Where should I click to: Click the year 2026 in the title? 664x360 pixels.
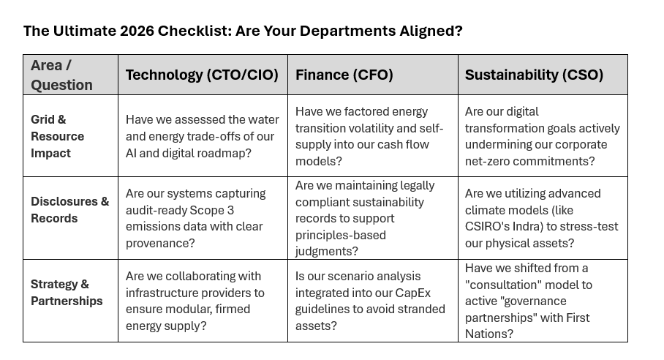click(x=137, y=31)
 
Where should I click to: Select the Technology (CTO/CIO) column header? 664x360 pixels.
click(x=202, y=75)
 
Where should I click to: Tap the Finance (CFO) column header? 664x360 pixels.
click(x=344, y=75)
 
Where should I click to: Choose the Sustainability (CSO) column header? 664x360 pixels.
click(x=534, y=75)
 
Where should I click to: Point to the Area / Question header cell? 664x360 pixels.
click(x=61, y=75)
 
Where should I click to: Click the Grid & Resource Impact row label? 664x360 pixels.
click(x=57, y=136)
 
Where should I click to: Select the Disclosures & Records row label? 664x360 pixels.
click(x=70, y=210)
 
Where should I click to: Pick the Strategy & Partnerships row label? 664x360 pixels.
click(x=67, y=292)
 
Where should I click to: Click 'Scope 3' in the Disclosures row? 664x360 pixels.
click(x=212, y=210)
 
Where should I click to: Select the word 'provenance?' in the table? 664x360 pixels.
click(x=160, y=243)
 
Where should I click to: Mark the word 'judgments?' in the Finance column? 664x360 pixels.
click(x=326, y=251)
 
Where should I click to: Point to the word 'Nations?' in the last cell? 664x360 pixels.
click(x=489, y=334)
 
